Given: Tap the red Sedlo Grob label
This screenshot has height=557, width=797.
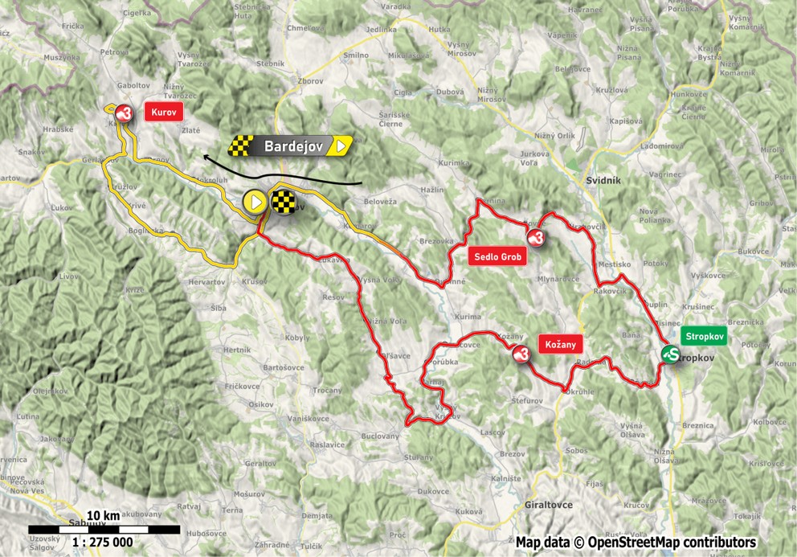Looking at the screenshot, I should coord(497,257).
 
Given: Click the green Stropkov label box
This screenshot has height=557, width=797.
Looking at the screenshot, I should coord(704,336).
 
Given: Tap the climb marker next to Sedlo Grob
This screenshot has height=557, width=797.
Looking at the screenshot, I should coord(537,236).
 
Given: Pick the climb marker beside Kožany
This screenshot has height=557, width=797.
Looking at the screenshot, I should coord(521,353).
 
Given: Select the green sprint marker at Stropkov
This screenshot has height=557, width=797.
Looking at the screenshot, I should coord(671,354).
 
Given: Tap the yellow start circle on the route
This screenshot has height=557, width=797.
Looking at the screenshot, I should coord(255,202).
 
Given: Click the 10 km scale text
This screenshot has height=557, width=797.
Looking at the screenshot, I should coord(104,515).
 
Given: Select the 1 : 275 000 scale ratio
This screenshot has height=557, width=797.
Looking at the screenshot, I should coord(103,542).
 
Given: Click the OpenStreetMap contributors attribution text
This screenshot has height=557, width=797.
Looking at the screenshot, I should coord(636,542).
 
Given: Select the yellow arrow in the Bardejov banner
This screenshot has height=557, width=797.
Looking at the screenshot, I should coord(343,145).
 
